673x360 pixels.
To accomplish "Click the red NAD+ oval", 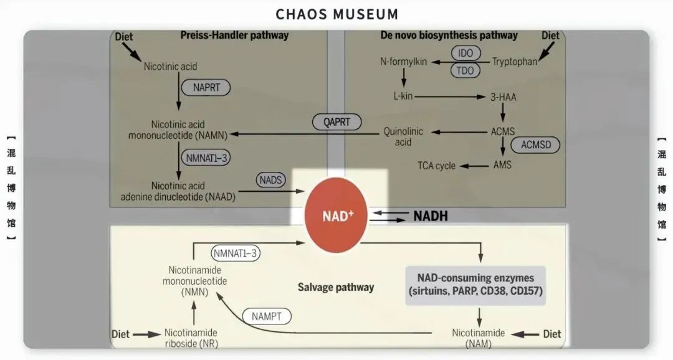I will [x=338, y=216].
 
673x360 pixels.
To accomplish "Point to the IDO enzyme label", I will [x=465, y=54].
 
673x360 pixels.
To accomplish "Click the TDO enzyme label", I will [x=465, y=70].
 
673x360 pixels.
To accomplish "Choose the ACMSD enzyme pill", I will [x=535, y=145].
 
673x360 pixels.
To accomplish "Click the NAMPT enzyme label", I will [x=267, y=316].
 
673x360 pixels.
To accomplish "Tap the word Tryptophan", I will [x=515, y=62].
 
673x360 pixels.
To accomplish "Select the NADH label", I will [x=431, y=216].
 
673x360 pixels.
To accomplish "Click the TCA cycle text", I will [x=436, y=166].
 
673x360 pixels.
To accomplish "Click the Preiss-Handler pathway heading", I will [x=234, y=36].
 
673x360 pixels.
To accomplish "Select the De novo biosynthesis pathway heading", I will [x=449, y=36].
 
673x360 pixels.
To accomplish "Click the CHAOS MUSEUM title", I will [x=336, y=13].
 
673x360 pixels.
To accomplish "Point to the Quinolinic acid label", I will [x=403, y=137].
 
